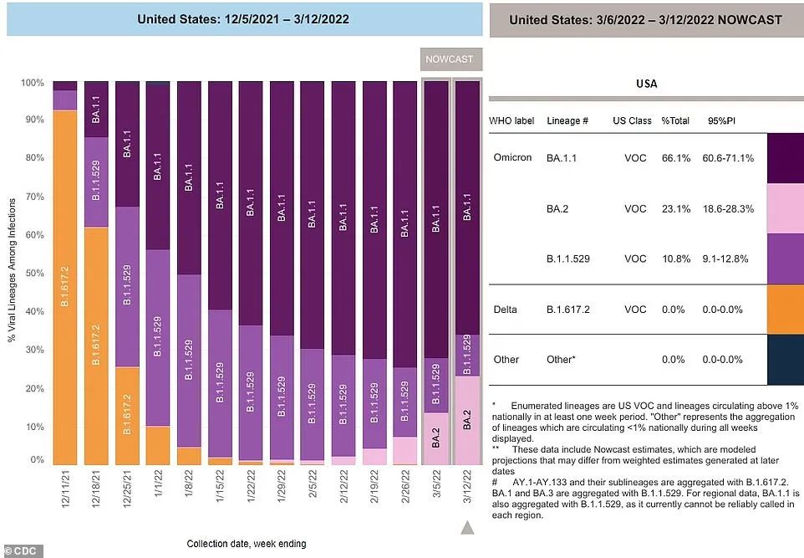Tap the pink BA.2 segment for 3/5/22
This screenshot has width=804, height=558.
point(436,438)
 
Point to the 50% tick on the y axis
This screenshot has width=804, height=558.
point(33,274)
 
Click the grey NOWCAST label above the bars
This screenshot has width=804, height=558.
point(449,59)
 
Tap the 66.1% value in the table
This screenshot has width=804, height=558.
point(675,158)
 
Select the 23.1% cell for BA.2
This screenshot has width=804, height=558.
point(675,209)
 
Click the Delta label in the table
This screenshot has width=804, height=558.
point(505,310)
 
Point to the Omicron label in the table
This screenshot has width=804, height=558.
point(511,158)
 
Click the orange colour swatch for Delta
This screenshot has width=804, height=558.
point(784,310)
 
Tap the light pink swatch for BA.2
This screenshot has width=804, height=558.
point(784,209)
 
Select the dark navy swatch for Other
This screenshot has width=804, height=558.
point(784,360)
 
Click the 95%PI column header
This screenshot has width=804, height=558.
point(722,121)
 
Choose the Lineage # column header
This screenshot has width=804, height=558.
point(567,121)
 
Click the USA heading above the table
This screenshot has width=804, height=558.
point(646,84)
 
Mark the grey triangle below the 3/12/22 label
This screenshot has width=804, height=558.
point(468,527)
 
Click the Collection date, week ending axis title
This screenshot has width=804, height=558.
point(246,544)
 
